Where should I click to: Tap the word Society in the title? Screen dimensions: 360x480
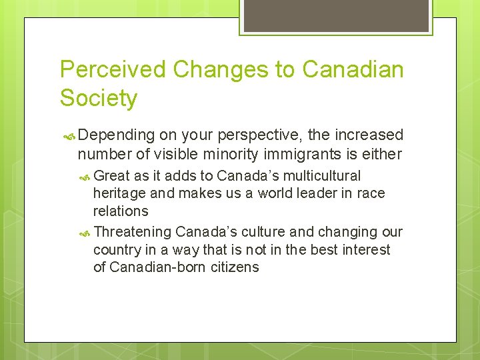pyautogui.click(x=99, y=98)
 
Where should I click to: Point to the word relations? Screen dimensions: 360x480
pyautogui.click(x=121, y=211)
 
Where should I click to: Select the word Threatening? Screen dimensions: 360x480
pyautogui.click(x=133, y=232)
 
